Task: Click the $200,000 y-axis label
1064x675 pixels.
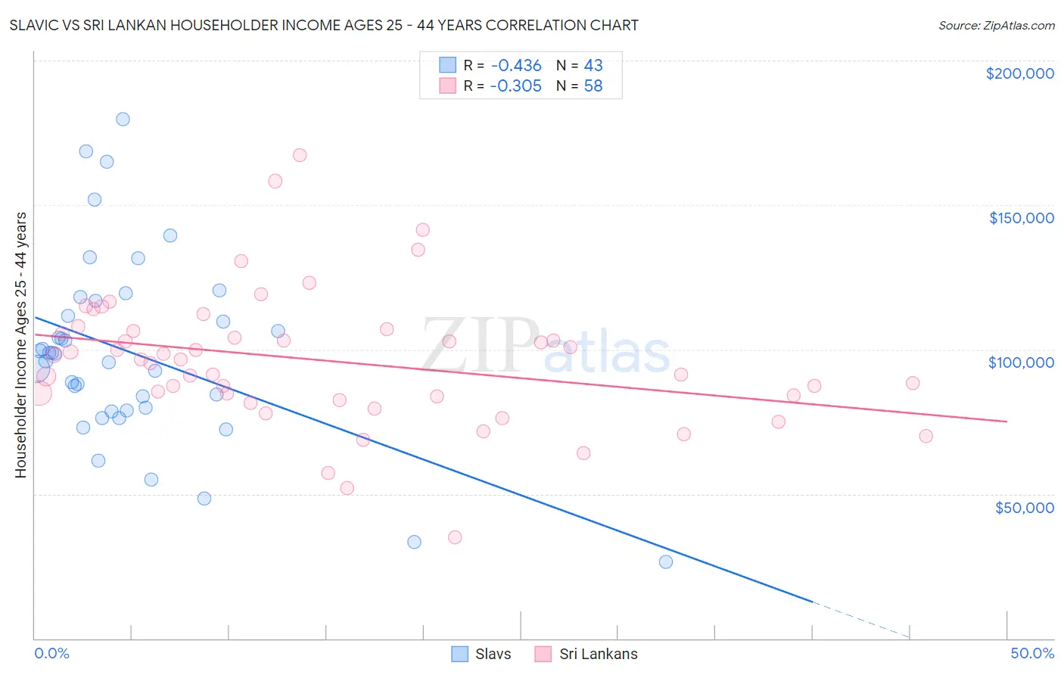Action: [1019, 73]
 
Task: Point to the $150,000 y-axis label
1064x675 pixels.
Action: [1021, 218]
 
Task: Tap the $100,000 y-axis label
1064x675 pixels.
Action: [1021, 362]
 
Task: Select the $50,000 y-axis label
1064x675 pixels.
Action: [1024, 508]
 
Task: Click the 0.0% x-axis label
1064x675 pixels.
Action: [51, 653]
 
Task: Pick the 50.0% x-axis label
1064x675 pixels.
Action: [1032, 653]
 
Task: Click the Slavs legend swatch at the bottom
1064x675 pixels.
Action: [459, 654]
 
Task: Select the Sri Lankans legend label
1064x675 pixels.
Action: [598, 654]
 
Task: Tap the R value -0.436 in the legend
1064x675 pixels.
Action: [515, 65]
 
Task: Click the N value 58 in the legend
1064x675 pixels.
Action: [593, 86]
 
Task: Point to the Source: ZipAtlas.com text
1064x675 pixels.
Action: [996, 25]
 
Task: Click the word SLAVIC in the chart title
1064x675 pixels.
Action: [36, 25]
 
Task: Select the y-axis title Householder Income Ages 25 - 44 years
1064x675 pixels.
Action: [20, 345]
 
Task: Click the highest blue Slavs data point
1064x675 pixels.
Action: [123, 119]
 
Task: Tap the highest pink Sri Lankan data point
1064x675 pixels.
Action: [300, 155]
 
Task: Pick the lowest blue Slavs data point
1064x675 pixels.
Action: [666, 561]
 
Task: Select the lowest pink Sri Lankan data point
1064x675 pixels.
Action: [455, 537]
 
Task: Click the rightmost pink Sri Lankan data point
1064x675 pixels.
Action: [926, 436]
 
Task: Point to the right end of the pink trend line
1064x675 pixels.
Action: [1006, 421]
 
